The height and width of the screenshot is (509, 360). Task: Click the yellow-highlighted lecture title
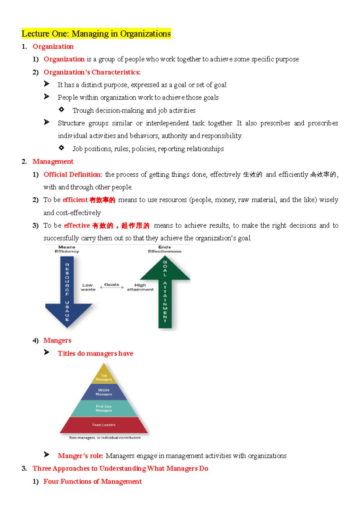(x=96, y=34)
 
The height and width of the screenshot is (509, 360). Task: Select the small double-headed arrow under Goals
(x=112, y=287)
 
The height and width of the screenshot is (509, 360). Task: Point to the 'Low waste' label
(x=88, y=287)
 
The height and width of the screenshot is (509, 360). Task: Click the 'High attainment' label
(x=140, y=287)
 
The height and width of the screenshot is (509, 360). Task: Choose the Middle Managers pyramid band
(x=104, y=392)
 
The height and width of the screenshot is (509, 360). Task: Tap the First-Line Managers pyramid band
(x=104, y=408)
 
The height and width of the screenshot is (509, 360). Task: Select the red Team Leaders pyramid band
(x=104, y=425)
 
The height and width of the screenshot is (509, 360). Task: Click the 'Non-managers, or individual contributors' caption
(x=105, y=438)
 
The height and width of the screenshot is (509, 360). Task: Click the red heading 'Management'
(x=53, y=162)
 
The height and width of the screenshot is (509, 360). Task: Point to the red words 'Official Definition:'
(x=73, y=174)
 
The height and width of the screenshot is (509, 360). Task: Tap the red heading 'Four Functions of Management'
(x=92, y=481)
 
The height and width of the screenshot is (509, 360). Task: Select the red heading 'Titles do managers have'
(x=95, y=353)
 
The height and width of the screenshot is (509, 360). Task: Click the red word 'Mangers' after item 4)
(x=57, y=341)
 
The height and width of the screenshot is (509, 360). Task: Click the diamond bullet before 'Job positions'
(x=61, y=147)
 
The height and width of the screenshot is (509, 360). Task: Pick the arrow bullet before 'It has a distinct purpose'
(x=46, y=84)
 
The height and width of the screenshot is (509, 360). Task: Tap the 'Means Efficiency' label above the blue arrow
(x=67, y=249)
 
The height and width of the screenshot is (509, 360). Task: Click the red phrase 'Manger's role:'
(x=80, y=456)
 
